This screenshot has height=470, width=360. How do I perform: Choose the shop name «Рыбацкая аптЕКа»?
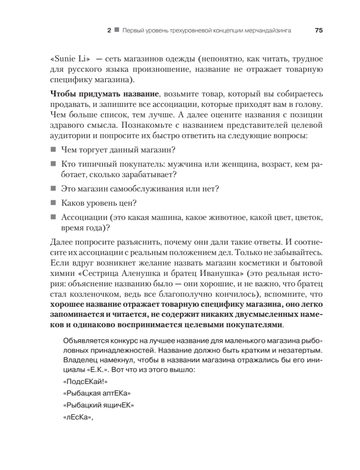click(x=96, y=394)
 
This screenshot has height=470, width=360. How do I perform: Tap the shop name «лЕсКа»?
click(x=79, y=418)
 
